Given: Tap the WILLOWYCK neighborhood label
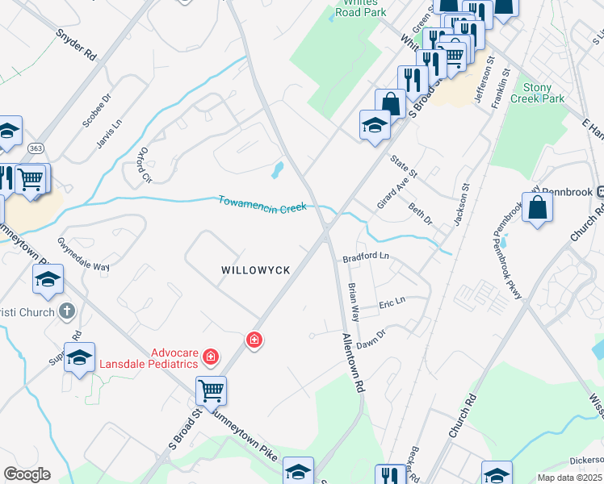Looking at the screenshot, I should [x=255, y=272].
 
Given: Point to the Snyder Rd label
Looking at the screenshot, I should [x=77, y=45].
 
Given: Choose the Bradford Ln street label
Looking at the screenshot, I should [x=366, y=258].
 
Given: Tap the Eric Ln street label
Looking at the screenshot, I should [x=392, y=303].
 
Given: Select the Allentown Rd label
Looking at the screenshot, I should [x=353, y=363].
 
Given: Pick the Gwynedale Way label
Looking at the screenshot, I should [x=82, y=255].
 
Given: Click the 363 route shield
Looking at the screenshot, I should [x=36, y=148].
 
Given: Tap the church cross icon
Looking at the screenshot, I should [x=68, y=311].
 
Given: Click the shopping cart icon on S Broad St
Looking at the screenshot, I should [x=211, y=390].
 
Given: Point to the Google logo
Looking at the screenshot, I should [x=27, y=474].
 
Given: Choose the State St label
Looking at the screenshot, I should [x=403, y=168].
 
